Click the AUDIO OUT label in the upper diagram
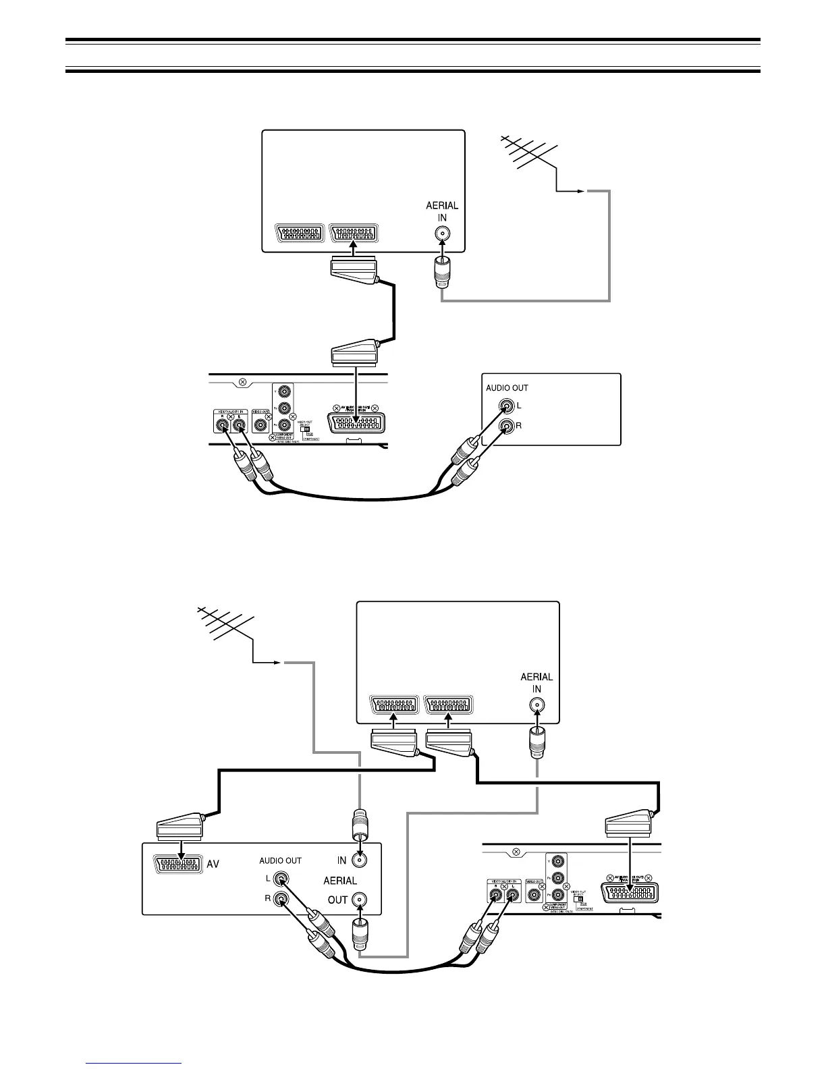click(x=507, y=388)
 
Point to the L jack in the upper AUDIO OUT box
click(x=507, y=406)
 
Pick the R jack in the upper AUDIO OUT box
click(x=507, y=427)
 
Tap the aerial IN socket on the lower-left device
click(x=360, y=860)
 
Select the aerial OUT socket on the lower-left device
click(x=360, y=900)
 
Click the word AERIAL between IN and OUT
click(x=340, y=881)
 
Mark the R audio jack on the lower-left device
click(x=281, y=900)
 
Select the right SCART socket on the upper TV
click(x=353, y=234)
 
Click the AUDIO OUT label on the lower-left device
click(x=281, y=861)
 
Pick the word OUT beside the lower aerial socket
click(x=337, y=900)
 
